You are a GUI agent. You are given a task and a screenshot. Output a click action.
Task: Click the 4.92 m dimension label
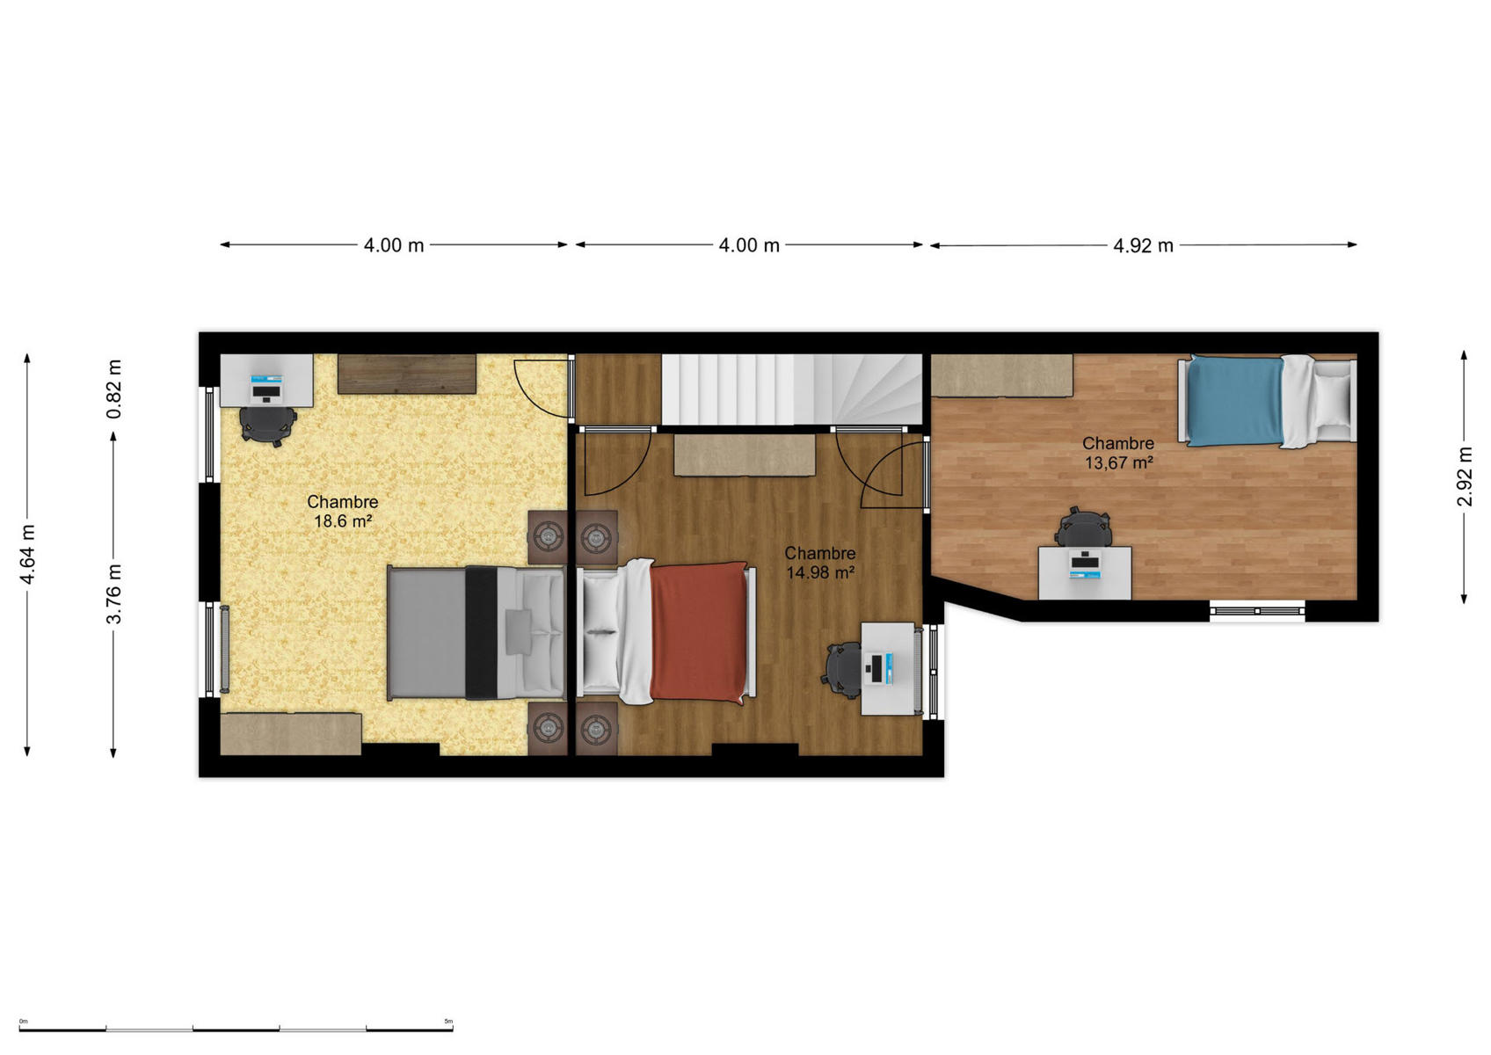point(1143,245)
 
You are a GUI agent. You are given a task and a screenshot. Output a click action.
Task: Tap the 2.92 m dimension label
point(1465,476)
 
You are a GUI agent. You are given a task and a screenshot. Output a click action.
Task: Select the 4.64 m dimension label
point(27,555)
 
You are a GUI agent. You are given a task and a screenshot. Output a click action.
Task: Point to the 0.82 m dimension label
point(113,389)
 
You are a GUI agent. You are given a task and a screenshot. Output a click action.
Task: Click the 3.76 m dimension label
point(113,593)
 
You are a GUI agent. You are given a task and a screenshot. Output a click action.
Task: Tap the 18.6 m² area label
point(342,520)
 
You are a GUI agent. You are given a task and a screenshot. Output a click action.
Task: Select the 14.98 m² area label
point(819,571)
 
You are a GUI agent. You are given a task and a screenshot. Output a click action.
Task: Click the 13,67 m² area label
point(1118,462)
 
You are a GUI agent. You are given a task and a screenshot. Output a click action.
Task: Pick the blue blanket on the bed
point(1235,401)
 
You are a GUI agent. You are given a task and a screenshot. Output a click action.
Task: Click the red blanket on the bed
point(699,632)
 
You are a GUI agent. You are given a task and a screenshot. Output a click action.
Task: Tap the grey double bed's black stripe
point(481,632)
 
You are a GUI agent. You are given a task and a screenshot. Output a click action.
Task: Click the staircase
point(792,389)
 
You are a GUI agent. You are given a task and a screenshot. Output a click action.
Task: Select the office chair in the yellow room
point(267,424)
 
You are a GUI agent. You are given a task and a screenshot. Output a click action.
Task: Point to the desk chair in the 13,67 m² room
point(1083,527)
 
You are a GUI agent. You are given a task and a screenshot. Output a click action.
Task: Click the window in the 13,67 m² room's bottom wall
point(1256,610)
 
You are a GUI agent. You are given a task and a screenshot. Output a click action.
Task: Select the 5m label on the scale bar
point(448,1021)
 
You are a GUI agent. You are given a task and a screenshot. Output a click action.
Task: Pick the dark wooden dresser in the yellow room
point(407,374)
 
